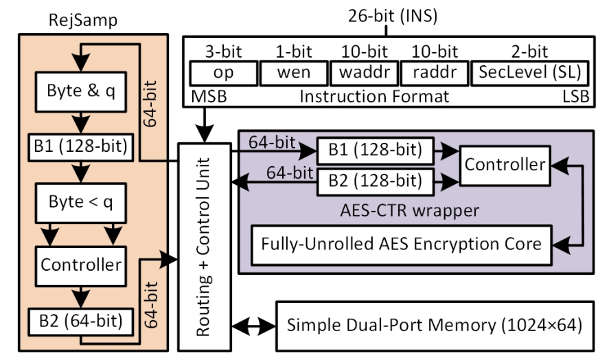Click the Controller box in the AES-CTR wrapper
tap(503, 165)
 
